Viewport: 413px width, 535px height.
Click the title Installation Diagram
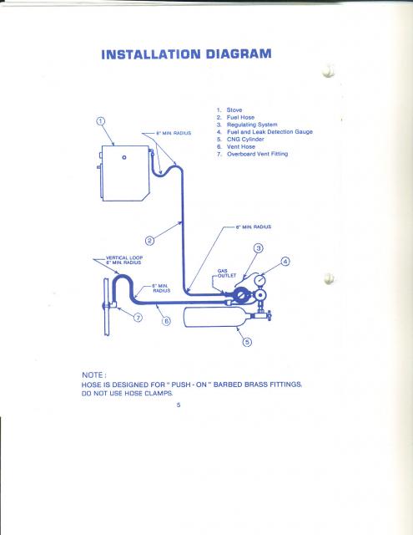tap(186, 54)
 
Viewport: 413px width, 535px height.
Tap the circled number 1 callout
tap(100, 121)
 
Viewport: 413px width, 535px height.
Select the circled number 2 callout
tap(150, 241)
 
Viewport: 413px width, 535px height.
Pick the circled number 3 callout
tap(259, 248)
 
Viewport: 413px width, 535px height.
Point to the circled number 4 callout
tap(285, 262)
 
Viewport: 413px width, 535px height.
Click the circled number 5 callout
tap(247, 342)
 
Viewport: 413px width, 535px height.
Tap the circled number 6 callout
tap(166, 321)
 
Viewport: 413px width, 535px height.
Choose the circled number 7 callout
tap(138, 318)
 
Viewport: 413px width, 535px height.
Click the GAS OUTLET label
tap(227, 273)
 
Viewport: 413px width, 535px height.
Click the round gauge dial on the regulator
tap(260, 281)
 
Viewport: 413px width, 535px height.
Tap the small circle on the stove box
tap(124, 157)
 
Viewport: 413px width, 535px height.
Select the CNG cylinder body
tap(218, 317)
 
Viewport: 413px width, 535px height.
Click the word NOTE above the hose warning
tap(93, 375)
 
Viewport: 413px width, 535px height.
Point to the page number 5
tap(179, 405)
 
